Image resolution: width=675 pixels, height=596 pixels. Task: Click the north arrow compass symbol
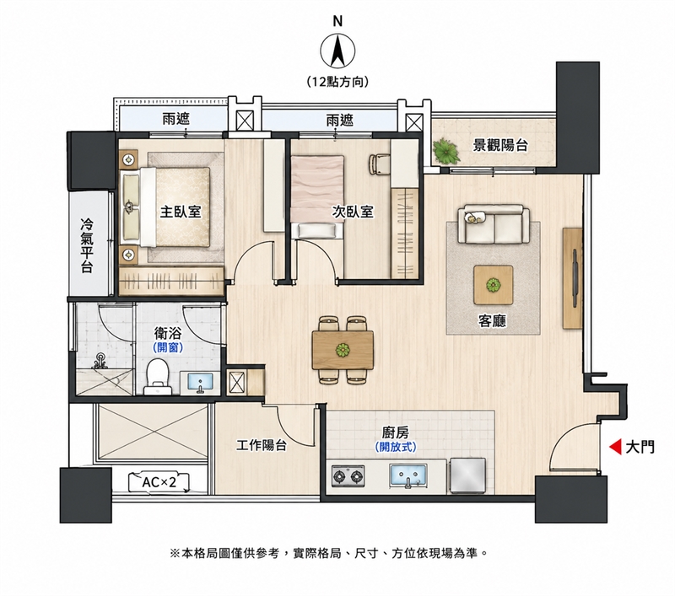coord(338,51)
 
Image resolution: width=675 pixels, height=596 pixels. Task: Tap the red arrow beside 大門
coord(615,447)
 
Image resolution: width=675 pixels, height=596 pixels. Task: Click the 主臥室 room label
coord(181,211)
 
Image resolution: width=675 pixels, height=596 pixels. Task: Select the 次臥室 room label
coord(353,211)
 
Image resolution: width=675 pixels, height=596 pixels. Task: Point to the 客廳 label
coord(492,321)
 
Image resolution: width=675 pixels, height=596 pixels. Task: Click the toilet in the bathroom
coord(157,377)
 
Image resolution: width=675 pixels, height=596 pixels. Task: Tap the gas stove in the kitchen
coord(348,476)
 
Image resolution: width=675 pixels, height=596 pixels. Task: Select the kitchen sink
coord(408,476)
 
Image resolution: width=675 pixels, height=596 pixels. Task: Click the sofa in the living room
coord(494,224)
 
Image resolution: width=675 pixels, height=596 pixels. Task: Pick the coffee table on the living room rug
coord(494,285)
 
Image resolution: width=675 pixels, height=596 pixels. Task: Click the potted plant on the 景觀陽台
coord(447,151)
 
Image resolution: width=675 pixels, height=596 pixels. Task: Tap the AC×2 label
coord(159,482)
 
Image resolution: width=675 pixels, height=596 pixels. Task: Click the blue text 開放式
coord(396,448)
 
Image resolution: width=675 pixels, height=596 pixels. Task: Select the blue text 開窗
coord(168,347)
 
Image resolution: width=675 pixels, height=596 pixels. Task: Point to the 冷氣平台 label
coord(87,245)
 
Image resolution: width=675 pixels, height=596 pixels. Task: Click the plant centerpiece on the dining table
coord(343,350)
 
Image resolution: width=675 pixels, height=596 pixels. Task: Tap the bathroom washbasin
coord(200,382)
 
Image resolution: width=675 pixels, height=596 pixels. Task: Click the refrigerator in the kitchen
coord(468,475)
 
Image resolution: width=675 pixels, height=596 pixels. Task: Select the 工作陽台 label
coord(262,445)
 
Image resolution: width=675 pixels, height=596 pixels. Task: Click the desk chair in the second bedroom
coord(379,164)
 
